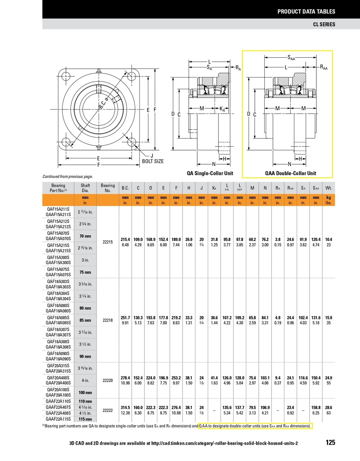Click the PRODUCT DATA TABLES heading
point(306,12)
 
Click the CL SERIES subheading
point(324,24)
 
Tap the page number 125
point(330,442)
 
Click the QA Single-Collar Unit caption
point(210,173)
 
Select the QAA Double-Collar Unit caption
point(291,173)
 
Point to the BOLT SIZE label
point(153,161)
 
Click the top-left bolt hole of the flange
point(66,76)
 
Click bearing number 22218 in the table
point(108,320)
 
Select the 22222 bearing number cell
point(108,410)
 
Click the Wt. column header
point(328,188)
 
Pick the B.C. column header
point(125,188)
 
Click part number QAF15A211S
point(58,209)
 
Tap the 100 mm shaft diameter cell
point(85,393)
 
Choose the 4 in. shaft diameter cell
point(85,380)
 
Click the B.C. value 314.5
point(125,408)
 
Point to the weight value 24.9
point(328,378)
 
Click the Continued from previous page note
point(68,176)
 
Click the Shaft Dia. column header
point(85,188)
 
